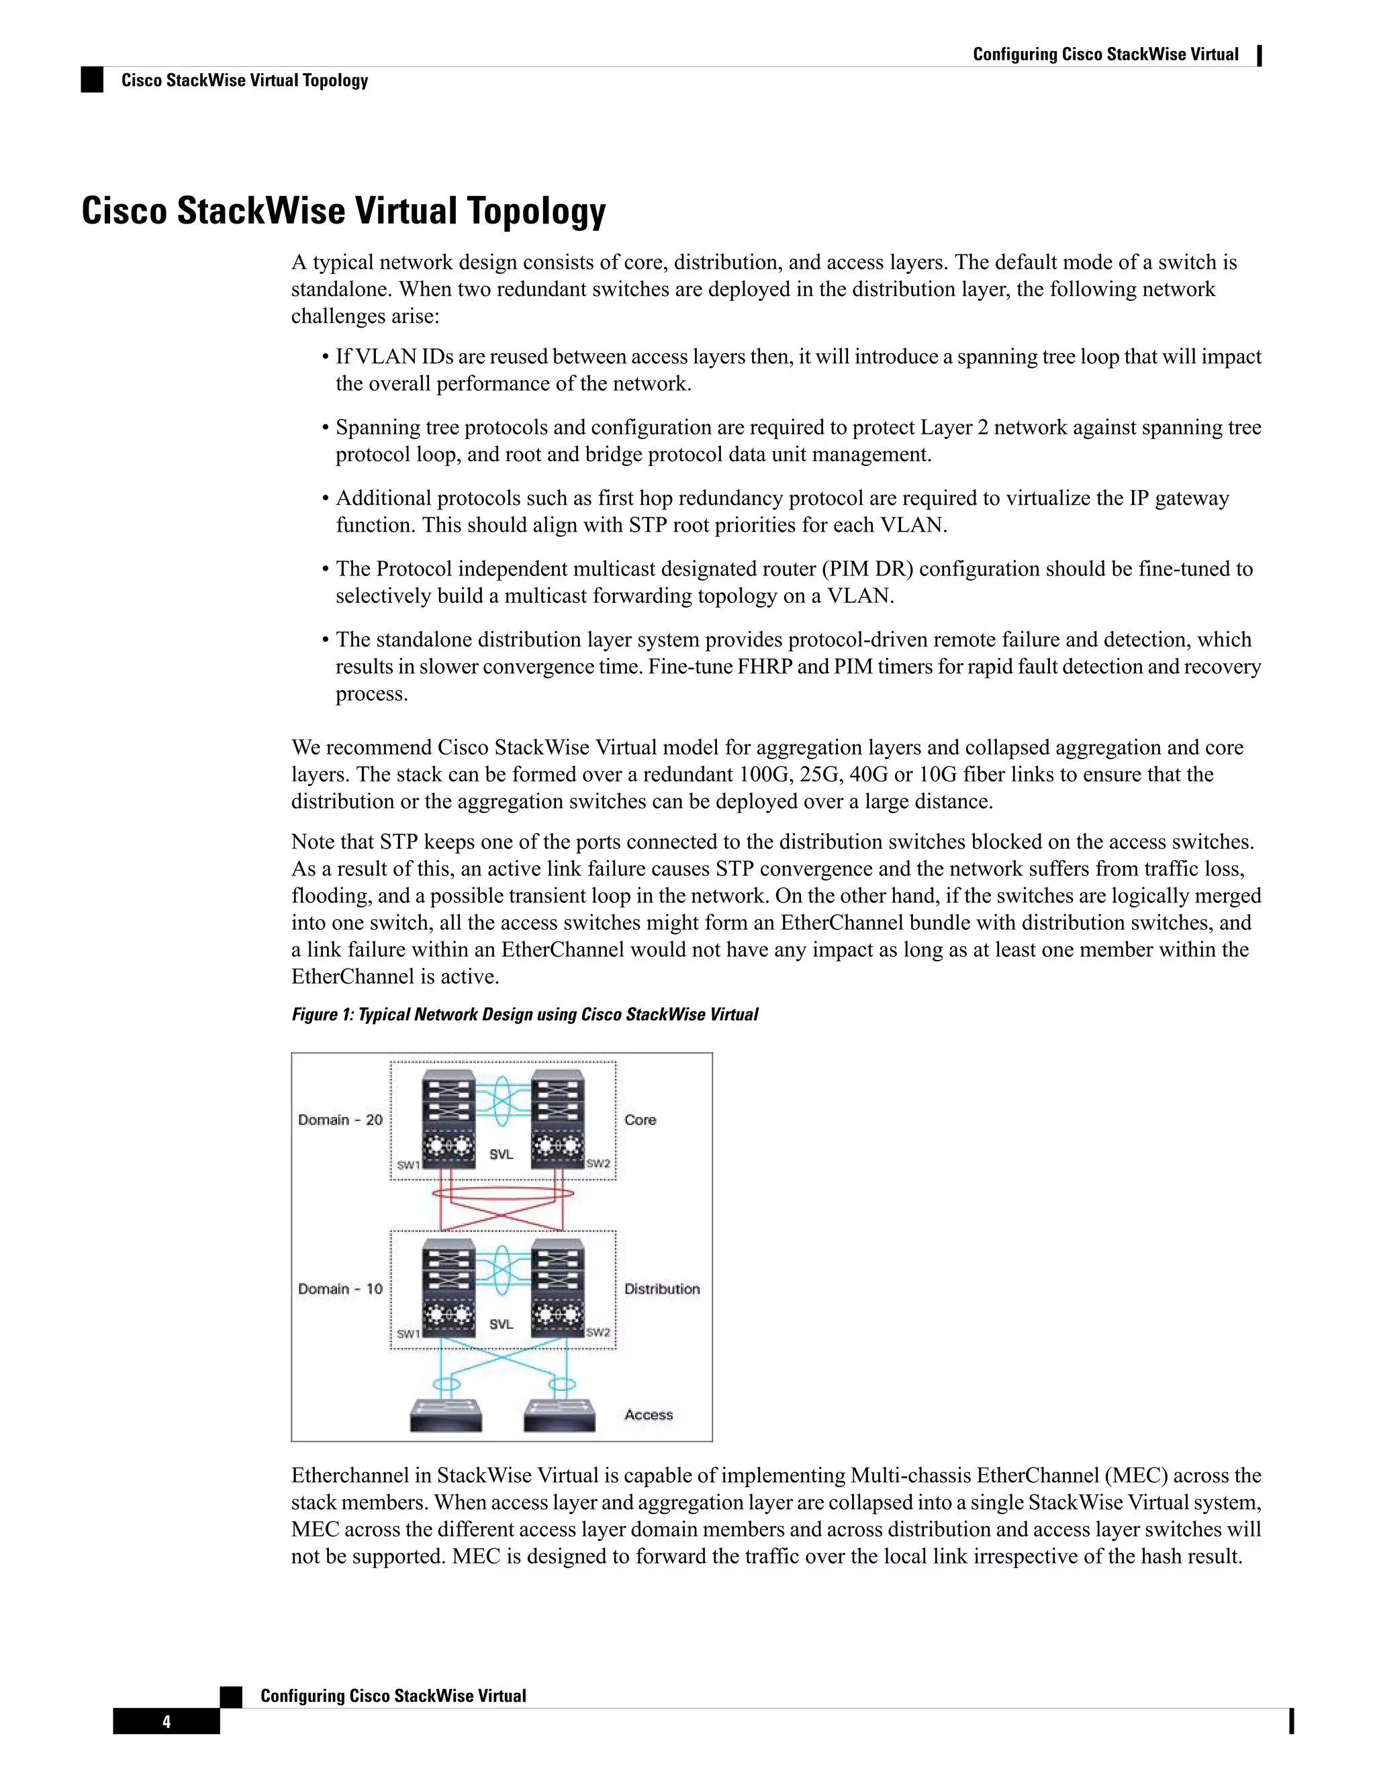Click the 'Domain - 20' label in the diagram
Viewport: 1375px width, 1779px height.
[x=340, y=1120]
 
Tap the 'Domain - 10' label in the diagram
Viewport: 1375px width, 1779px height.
[x=340, y=1289]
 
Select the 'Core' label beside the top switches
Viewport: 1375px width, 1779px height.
[x=639, y=1120]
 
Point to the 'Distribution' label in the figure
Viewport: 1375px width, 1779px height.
[x=661, y=1289]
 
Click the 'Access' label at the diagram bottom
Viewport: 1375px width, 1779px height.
[x=649, y=1415]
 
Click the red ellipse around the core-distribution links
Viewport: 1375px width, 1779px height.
[x=503, y=1194]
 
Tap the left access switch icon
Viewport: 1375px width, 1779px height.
[x=446, y=1415]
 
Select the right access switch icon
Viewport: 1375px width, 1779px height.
[x=559, y=1415]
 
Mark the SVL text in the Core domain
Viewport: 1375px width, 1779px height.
[x=501, y=1154]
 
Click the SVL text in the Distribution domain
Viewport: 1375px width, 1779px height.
[x=501, y=1324]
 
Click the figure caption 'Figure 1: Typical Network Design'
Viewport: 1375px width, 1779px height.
[x=524, y=1014]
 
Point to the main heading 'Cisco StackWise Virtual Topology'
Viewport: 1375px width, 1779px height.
[x=343, y=210]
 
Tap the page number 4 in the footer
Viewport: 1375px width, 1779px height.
[x=167, y=1721]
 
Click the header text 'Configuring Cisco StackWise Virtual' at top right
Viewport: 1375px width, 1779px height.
[x=1105, y=54]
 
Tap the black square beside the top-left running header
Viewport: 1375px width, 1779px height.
[x=92, y=80]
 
